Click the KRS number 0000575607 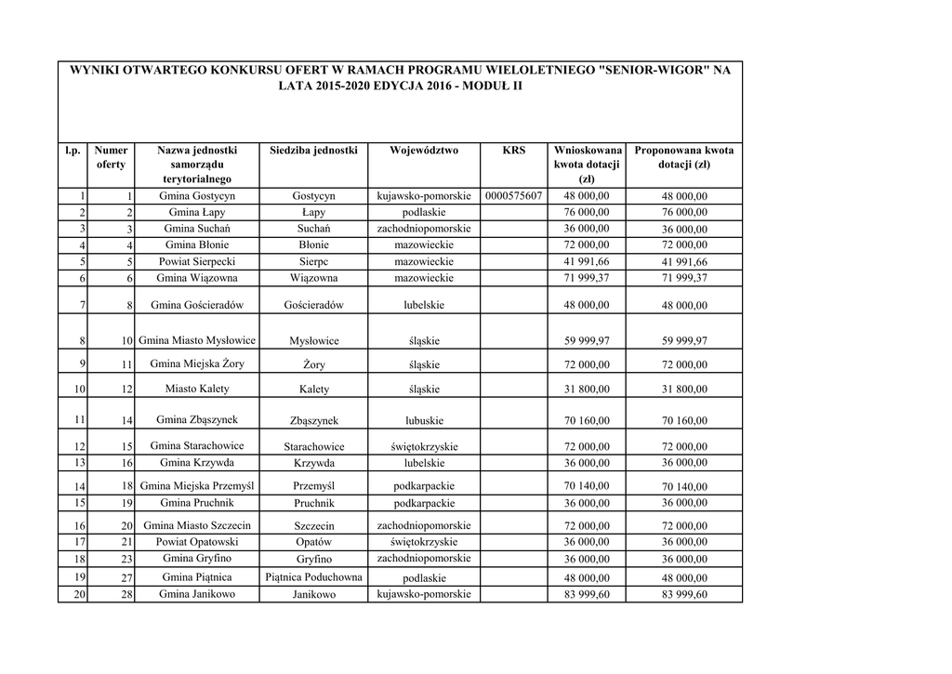(x=513, y=196)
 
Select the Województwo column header (x=424, y=150)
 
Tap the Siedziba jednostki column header (x=313, y=150)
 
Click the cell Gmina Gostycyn (x=196, y=196)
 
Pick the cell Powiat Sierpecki (x=196, y=262)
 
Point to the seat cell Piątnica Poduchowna (x=313, y=577)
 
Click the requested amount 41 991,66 (x=587, y=261)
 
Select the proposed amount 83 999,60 (x=683, y=595)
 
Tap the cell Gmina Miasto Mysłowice (x=196, y=340)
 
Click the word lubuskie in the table (x=424, y=420)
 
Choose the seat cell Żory (x=313, y=364)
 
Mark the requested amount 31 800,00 (x=587, y=389)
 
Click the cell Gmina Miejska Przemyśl (x=196, y=485)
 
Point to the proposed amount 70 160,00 (x=683, y=421)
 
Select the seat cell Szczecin (x=313, y=526)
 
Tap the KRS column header (x=513, y=150)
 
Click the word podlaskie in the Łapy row (x=424, y=212)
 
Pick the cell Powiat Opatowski (x=196, y=541)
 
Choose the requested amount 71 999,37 (x=587, y=277)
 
